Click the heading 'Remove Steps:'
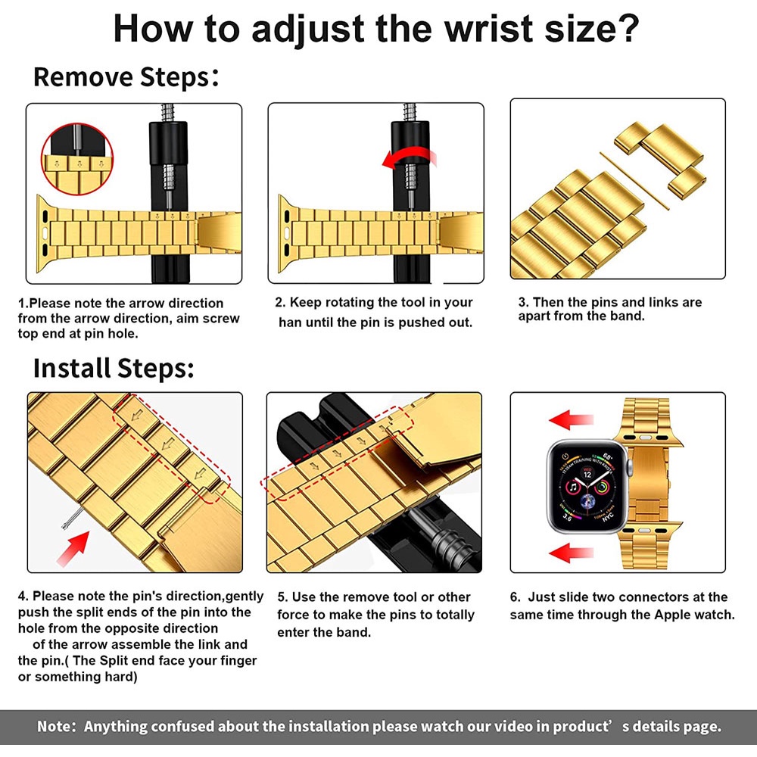tap(126, 77)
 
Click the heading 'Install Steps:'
tap(114, 369)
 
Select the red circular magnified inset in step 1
tap(76, 159)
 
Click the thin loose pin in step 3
tap(634, 181)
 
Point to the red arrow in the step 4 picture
tap(73, 548)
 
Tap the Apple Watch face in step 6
tap(587, 487)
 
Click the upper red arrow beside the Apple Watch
tap(571, 419)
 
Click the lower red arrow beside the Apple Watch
tap(571, 553)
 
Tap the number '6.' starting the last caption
tap(515, 597)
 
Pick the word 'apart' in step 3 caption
tap(534, 316)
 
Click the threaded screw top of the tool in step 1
tap(168, 113)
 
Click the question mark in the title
tap(628, 28)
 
